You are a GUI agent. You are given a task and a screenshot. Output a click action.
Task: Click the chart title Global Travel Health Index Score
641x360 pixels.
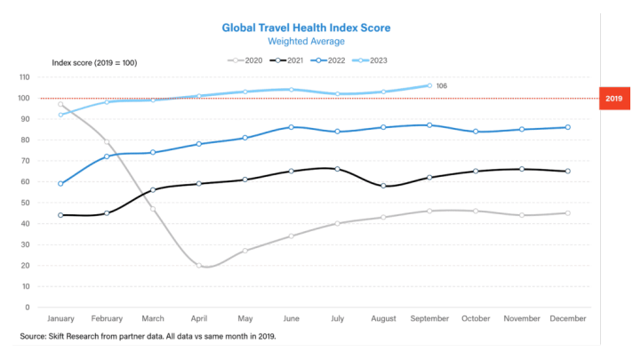pos(306,28)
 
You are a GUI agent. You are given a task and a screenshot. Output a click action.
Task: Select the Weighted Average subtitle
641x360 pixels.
pos(306,41)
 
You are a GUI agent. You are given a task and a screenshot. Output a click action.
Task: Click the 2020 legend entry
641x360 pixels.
pos(248,60)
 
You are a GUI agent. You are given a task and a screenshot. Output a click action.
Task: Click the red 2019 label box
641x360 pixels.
pos(614,99)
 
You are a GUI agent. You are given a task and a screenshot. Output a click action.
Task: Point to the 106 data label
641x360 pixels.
pos(441,86)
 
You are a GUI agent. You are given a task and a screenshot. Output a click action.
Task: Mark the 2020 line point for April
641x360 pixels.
pos(198,266)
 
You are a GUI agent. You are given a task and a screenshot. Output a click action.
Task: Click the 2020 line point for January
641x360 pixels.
pos(60,104)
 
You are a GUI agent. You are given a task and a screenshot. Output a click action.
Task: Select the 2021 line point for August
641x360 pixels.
pos(383,186)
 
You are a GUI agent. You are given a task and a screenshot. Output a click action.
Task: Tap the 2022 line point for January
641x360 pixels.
pos(60,184)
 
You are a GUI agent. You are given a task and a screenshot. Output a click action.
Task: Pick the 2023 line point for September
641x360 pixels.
pos(429,85)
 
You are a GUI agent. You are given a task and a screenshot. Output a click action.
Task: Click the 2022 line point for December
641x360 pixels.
pos(568,127)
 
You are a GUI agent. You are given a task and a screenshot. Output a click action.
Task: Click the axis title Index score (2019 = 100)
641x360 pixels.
pos(93,62)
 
